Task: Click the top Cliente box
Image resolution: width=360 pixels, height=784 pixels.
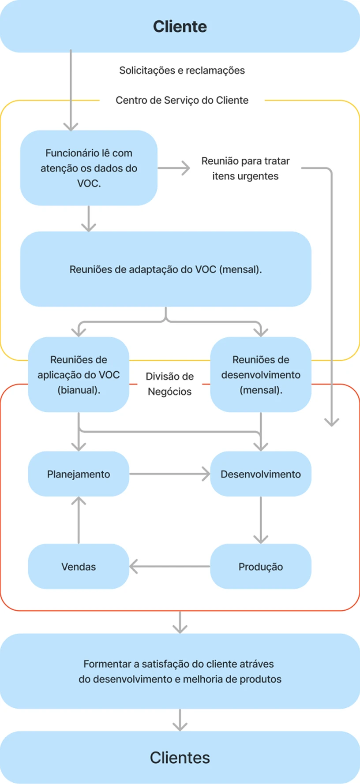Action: pos(180,26)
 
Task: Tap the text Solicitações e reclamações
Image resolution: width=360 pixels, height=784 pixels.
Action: pos(182,71)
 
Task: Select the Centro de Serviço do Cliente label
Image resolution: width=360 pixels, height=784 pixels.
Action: pos(182,101)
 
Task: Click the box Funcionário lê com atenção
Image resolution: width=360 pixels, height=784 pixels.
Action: pos(89,168)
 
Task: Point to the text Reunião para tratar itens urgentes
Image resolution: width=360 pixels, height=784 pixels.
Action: pos(245,168)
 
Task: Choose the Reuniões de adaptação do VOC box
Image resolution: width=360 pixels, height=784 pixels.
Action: pos(165,269)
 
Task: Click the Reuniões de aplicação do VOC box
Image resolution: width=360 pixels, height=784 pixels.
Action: pos(79,375)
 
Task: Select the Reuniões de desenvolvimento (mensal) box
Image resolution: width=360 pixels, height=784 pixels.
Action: pos(261,375)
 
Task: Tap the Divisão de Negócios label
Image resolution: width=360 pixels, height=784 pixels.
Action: pos(169,384)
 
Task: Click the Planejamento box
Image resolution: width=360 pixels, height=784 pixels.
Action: pos(79,474)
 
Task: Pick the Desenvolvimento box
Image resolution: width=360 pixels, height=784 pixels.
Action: pos(261,474)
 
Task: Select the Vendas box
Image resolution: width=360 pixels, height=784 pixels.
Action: pos(79,567)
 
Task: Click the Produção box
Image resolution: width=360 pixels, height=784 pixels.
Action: pos(261,567)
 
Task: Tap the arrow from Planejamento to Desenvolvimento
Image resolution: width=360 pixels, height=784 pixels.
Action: pos(169,474)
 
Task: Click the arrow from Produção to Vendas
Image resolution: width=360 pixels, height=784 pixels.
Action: pos(169,567)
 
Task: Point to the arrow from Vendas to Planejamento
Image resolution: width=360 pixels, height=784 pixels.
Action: pos(79,520)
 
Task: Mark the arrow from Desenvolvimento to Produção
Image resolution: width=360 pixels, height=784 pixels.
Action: pos(261,520)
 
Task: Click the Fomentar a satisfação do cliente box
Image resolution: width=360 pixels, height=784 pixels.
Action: pos(180,671)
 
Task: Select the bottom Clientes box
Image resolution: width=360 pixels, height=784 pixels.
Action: pos(180,758)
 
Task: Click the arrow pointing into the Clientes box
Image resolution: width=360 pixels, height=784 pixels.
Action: pos(180,720)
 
